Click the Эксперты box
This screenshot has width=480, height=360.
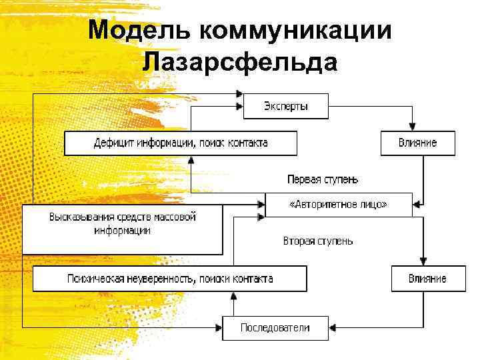click(285, 107)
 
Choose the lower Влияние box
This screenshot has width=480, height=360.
click(428, 278)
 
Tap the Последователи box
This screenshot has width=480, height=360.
click(275, 328)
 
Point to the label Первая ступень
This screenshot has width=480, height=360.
click(323, 179)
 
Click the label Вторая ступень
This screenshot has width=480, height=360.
click(318, 241)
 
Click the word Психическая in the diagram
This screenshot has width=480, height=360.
click(93, 279)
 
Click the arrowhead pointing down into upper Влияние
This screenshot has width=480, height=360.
click(413, 127)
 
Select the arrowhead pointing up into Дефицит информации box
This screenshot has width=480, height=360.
click(191, 160)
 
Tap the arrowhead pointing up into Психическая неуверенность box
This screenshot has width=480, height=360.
click(233, 296)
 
